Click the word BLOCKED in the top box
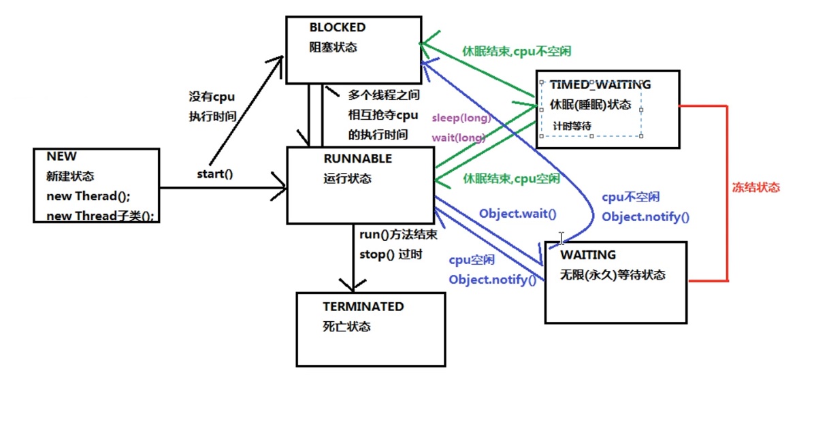click(x=337, y=28)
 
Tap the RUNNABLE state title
click(x=358, y=159)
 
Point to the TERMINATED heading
click(x=363, y=307)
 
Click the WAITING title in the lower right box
click(x=588, y=255)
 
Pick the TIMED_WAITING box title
click(x=600, y=85)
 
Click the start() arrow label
click(x=215, y=174)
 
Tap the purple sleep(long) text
click(x=461, y=118)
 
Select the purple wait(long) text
click(x=459, y=137)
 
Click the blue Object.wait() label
click(x=517, y=214)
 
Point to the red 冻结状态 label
click(x=755, y=188)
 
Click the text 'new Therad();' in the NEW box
click(x=88, y=196)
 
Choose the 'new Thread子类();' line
click(x=100, y=216)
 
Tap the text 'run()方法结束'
click(x=398, y=235)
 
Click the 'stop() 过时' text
click(x=391, y=255)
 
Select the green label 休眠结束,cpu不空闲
click(x=517, y=51)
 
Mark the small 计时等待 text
click(x=572, y=126)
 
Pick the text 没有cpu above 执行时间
click(x=212, y=97)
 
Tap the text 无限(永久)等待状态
click(x=613, y=276)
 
